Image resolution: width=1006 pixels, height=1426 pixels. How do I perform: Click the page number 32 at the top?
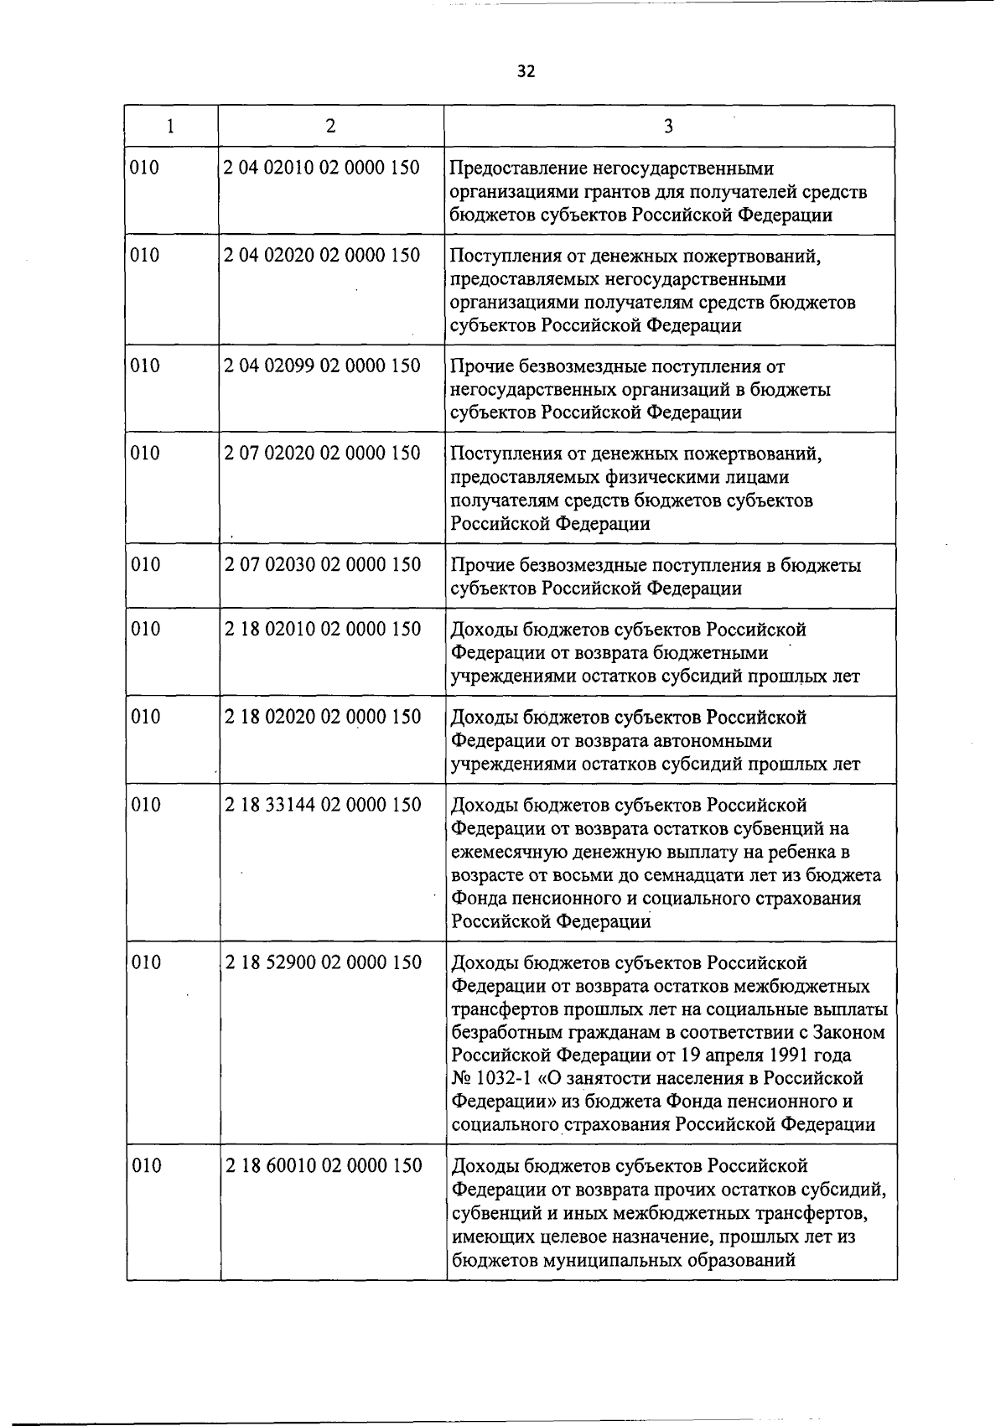(x=526, y=71)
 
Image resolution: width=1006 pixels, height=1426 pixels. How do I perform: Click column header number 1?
(x=171, y=126)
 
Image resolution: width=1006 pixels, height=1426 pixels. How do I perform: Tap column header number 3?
(x=668, y=126)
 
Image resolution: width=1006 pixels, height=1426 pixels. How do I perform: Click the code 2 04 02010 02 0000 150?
(x=322, y=168)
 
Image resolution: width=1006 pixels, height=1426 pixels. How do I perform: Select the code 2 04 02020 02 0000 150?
(x=322, y=255)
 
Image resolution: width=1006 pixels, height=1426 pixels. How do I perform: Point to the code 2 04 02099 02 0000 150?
(x=322, y=366)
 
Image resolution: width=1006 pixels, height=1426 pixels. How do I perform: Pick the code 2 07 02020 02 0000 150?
(x=322, y=454)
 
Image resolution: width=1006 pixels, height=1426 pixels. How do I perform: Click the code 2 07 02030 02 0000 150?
(x=322, y=565)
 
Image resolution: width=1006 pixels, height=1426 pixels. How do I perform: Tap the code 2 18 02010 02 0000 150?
(x=323, y=629)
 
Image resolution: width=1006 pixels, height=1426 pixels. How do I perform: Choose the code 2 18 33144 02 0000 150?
(x=323, y=805)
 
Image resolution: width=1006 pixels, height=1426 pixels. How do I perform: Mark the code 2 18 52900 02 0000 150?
(x=323, y=962)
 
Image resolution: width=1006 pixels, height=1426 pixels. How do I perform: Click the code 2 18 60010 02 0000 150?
(x=323, y=1165)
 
